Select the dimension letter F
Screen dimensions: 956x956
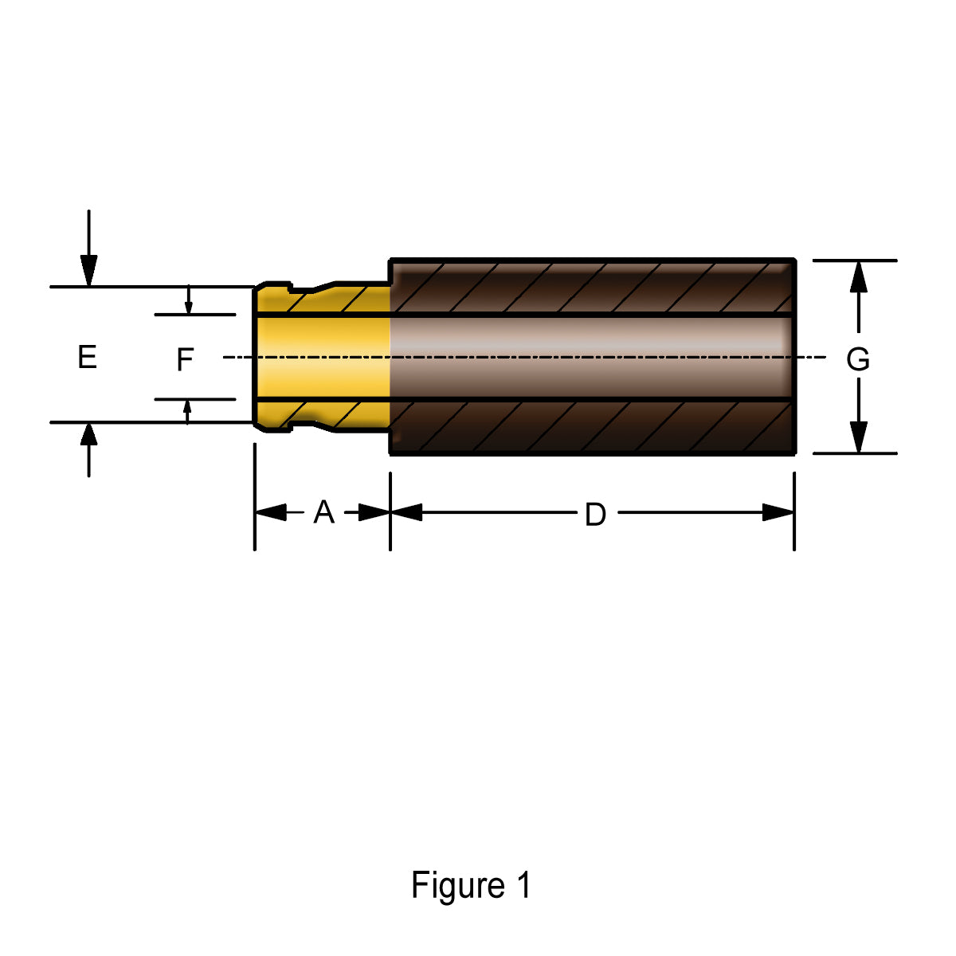click(x=185, y=360)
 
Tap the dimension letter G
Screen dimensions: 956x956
click(x=858, y=360)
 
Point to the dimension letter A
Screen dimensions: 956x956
click(x=323, y=512)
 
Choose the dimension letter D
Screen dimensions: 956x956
click(x=595, y=515)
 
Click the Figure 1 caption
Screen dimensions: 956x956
click(x=471, y=885)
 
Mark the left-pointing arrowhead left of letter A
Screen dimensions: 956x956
click(x=271, y=512)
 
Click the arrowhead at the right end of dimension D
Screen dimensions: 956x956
click(x=778, y=512)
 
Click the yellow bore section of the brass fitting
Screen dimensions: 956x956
click(x=323, y=357)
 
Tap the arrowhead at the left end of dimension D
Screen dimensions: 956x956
click(x=406, y=512)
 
